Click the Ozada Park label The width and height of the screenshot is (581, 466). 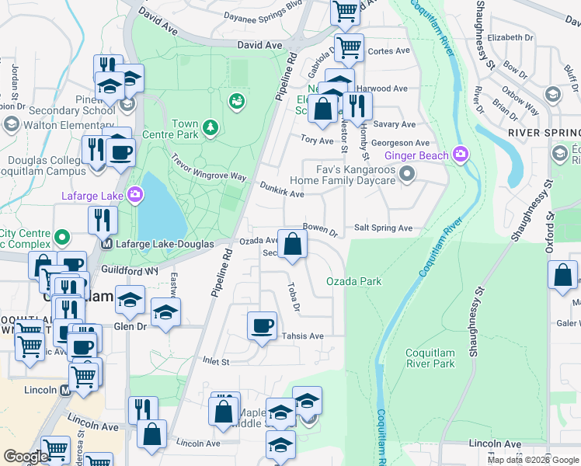tap(353, 281)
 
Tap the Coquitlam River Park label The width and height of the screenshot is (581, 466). tap(430, 358)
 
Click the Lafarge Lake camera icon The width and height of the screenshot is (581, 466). tap(135, 193)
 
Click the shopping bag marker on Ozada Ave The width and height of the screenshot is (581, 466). tap(292, 245)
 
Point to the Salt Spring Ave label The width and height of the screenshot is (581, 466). tap(383, 228)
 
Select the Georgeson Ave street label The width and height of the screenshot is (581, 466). tap(400, 144)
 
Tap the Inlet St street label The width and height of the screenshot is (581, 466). tap(216, 362)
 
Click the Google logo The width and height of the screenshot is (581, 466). tap(26, 457)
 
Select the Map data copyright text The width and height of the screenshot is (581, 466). tap(532, 460)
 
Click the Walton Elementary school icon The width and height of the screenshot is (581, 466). tap(11, 124)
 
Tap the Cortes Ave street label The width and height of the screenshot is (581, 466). tap(389, 51)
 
